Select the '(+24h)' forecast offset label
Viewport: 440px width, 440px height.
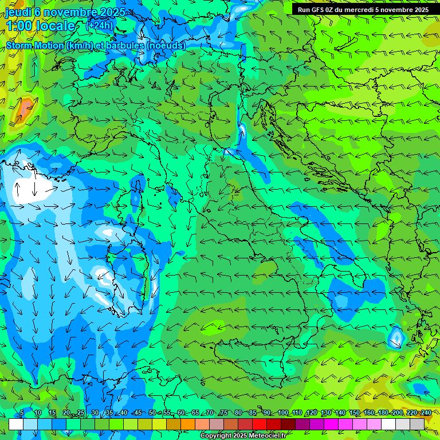pyautogui.click(x=99, y=26)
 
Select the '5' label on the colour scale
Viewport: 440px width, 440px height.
pyautogui.click(x=22, y=412)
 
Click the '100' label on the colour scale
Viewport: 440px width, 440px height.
pyautogui.click(x=282, y=412)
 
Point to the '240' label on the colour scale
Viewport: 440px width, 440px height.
pyautogui.click(x=426, y=412)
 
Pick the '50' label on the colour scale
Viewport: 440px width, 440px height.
pyautogui.click(x=152, y=412)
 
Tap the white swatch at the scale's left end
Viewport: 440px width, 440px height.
pyautogui.click(x=16, y=423)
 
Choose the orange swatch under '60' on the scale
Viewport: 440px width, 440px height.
pyautogui.click(x=188, y=423)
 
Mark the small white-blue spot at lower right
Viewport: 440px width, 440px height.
pyautogui.click(x=396, y=337)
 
